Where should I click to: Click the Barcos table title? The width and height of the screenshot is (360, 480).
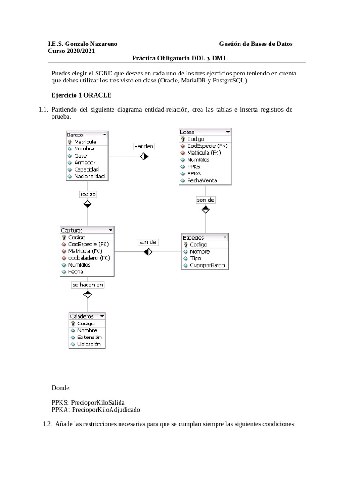tap(75, 135)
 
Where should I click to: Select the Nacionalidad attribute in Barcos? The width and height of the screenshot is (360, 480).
tap(89, 176)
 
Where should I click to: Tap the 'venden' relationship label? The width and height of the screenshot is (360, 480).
tap(144, 146)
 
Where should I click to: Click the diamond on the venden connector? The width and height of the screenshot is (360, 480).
tap(144, 156)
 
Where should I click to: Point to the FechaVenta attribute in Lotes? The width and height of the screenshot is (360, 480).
tap(202, 180)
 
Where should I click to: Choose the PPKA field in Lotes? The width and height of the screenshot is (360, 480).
tap(194, 173)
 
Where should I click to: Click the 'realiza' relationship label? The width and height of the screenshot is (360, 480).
tap(88, 193)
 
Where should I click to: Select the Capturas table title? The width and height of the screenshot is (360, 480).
tap(72, 230)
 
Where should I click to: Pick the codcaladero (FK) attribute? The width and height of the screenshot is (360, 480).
tap(89, 258)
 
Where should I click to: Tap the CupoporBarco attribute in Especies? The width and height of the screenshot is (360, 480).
tap(207, 265)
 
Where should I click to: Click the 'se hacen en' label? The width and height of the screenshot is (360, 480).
tap(87, 285)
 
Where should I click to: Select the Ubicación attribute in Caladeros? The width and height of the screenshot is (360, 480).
tap(89, 344)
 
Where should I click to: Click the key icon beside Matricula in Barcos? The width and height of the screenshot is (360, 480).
tap(70, 142)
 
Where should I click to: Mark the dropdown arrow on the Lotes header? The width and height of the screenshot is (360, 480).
tap(227, 132)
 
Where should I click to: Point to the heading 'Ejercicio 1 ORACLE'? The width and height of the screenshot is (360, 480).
tap(81, 95)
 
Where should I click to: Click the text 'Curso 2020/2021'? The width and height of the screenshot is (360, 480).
tap(71, 51)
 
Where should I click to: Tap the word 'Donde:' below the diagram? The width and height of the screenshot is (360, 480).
tap(61, 388)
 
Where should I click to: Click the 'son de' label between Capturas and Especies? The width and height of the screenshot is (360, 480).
tap(148, 242)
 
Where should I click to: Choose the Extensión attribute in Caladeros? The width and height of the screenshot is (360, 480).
tap(89, 337)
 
